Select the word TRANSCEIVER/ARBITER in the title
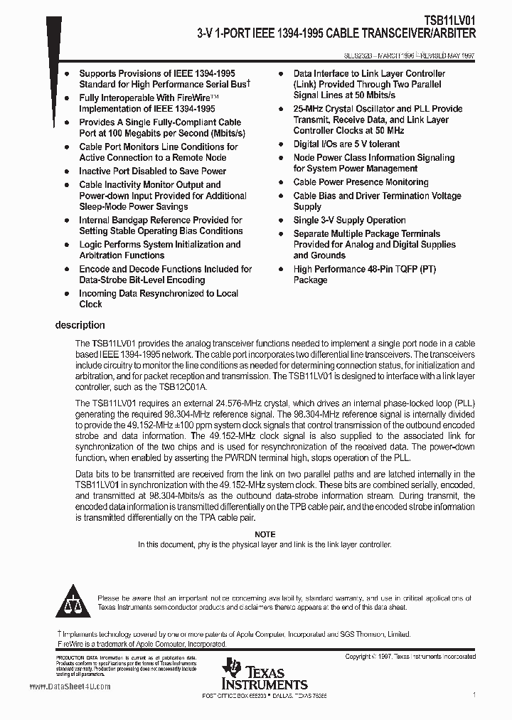[415, 33]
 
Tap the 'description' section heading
[80, 325]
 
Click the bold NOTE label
[265, 534]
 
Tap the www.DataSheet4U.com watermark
[70, 687]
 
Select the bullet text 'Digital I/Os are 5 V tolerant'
[346, 144]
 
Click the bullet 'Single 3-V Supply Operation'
[349, 220]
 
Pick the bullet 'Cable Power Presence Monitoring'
[361, 182]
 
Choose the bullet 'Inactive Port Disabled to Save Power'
[152, 171]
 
